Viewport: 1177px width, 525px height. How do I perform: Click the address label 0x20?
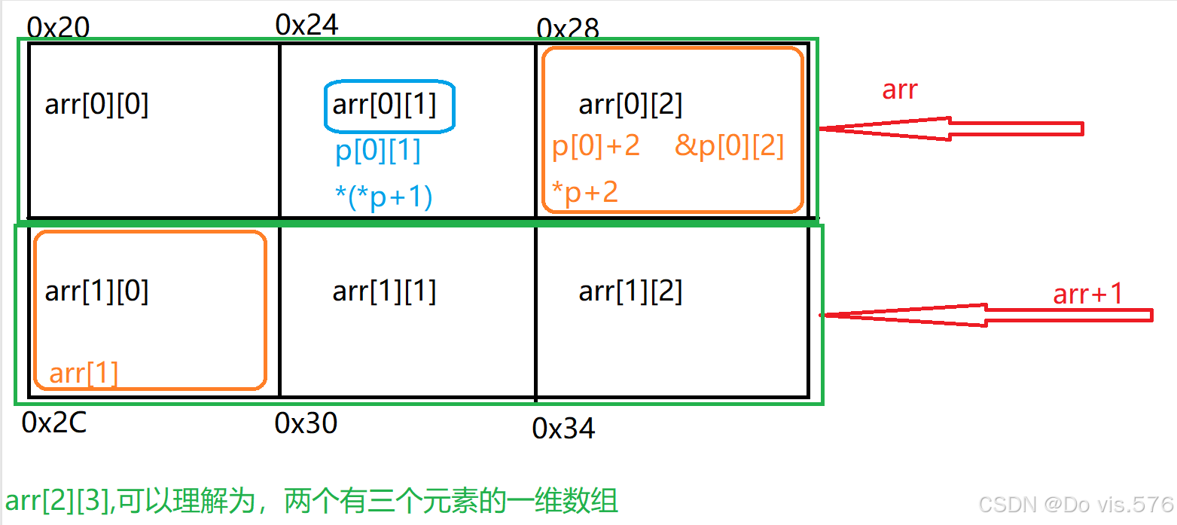(58, 28)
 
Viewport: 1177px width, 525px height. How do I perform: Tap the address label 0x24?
(307, 25)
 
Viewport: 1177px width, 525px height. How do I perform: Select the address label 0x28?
(568, 29)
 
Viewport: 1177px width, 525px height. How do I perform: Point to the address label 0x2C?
(54, 423)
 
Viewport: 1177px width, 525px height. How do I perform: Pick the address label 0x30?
(306, 423)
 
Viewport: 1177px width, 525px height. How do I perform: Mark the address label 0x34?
(563, 429)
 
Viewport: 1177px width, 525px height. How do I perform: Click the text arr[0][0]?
(96, 105)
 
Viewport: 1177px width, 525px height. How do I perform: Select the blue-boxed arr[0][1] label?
(384, 104)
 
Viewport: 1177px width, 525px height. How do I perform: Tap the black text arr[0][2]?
(630, 105)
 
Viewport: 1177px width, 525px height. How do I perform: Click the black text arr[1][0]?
(96, 291)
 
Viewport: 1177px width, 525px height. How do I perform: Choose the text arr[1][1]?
(384, 291)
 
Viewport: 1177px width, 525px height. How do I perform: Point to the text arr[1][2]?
(630, 291)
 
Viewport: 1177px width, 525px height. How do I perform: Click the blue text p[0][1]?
(378, 151)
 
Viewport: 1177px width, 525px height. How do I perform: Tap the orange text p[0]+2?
(596, 145)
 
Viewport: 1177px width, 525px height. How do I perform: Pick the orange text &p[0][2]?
(729, 145)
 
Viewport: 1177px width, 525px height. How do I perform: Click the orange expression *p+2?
(584, 193)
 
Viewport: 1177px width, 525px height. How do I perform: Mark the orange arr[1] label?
(84, 374)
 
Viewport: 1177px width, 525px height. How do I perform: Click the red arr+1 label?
(1088, 294)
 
